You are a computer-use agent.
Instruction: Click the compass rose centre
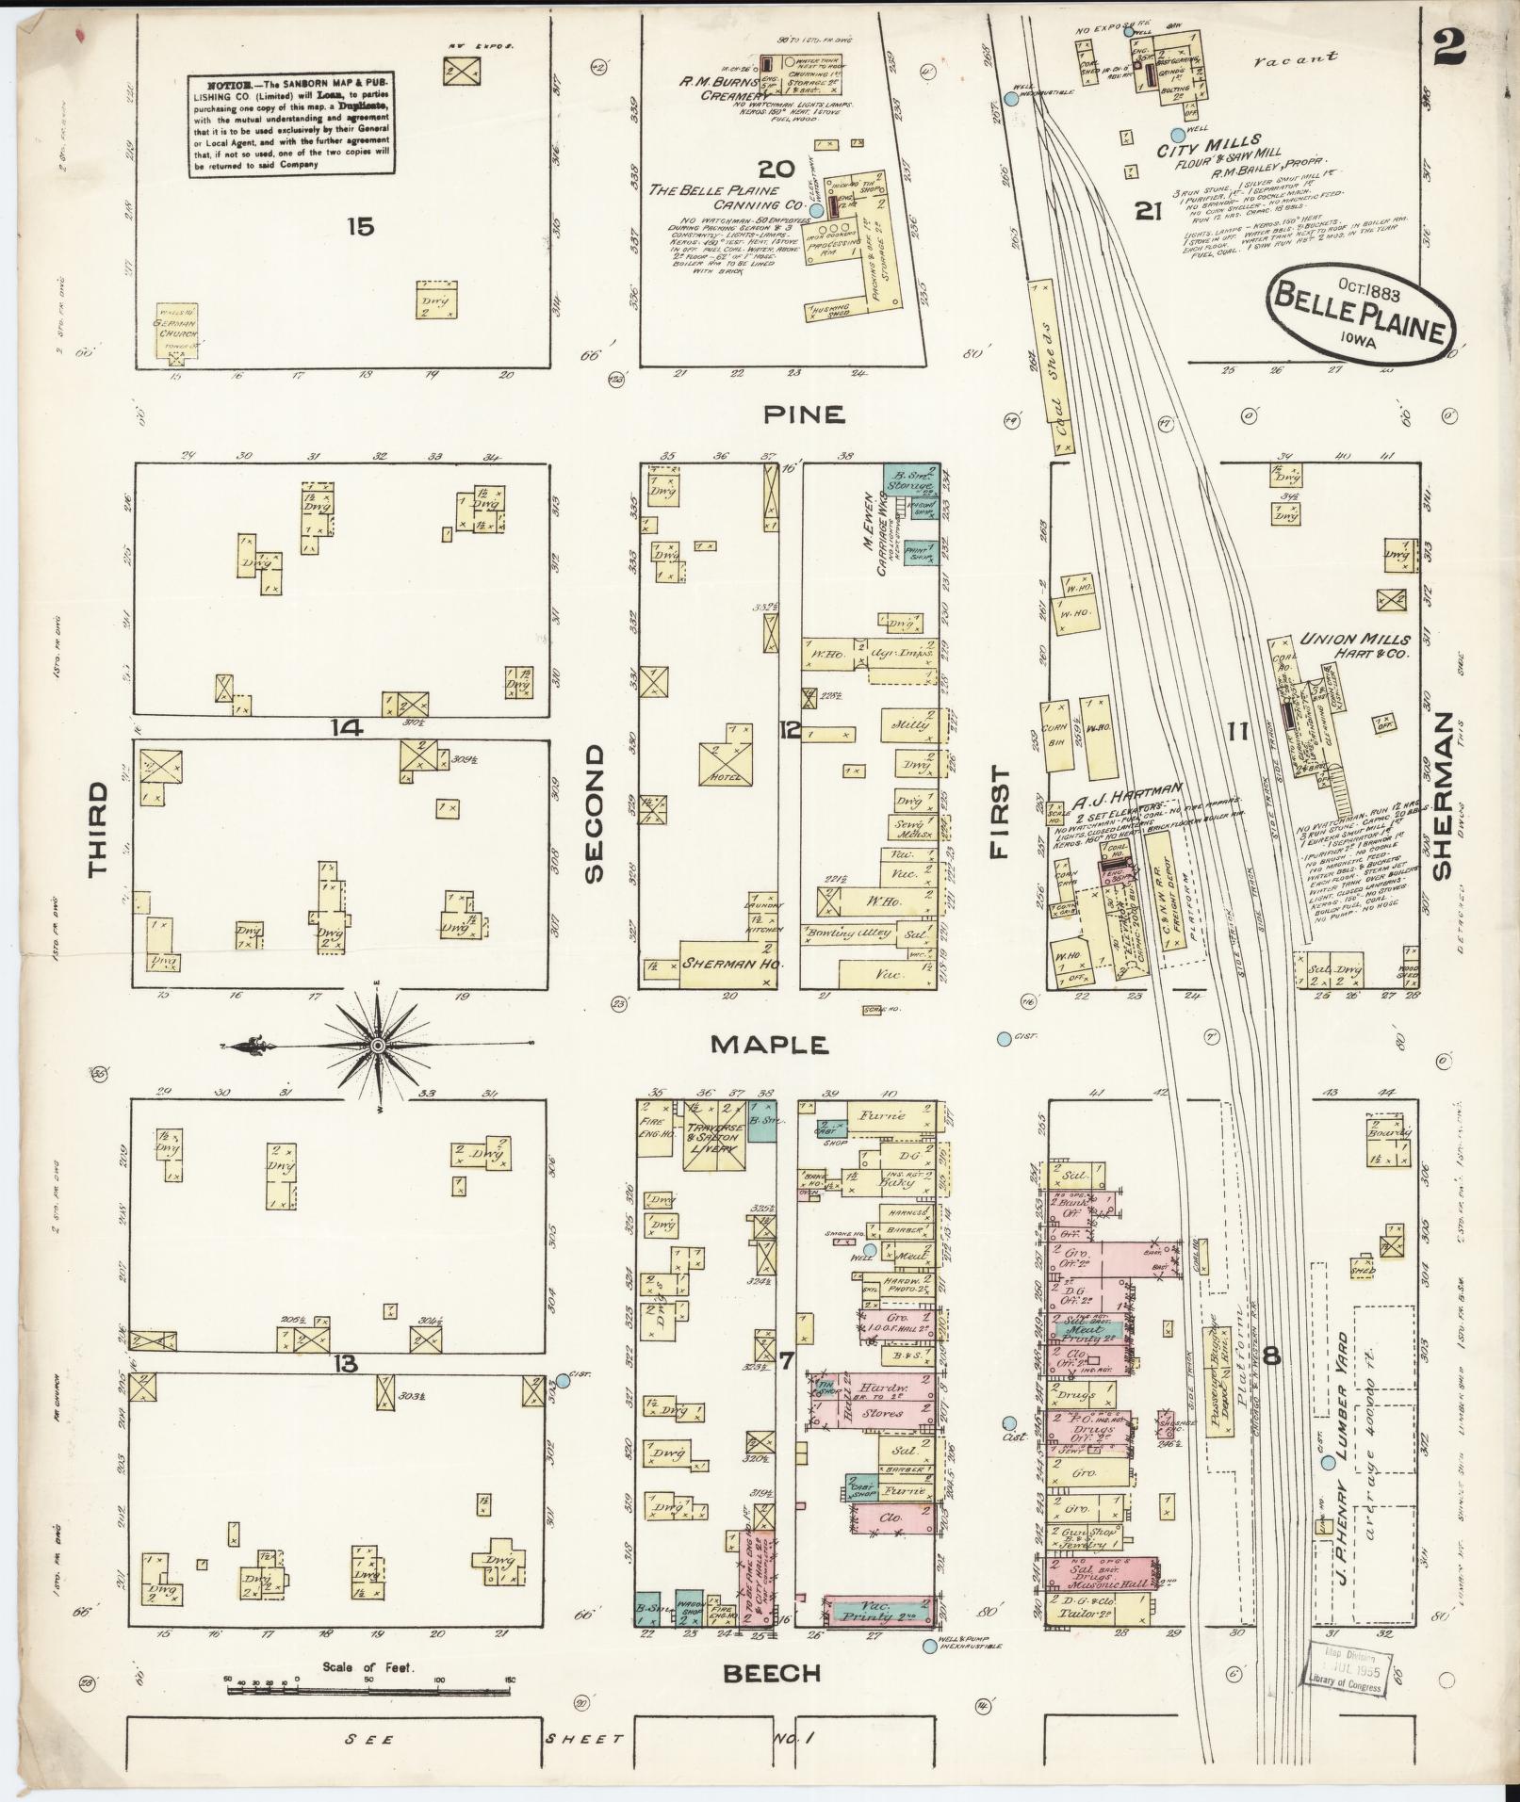[377, 1046]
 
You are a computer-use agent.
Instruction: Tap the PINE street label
[805, 414]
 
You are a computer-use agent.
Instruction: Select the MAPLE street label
[769, 1044]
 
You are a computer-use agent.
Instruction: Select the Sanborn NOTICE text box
[291, 126]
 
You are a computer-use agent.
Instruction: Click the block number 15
[360, 226]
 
